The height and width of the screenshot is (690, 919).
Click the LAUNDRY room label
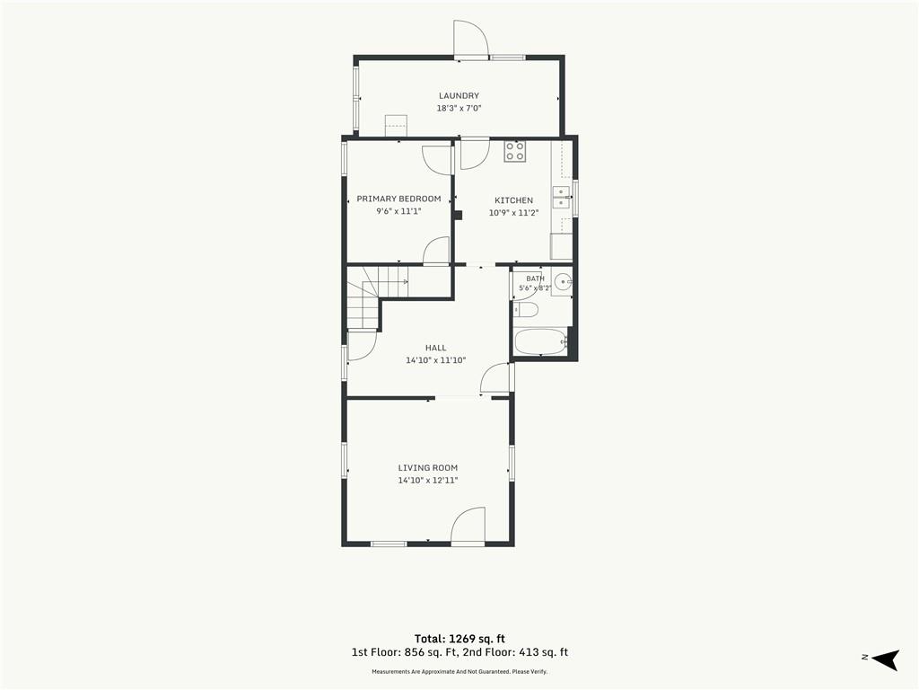click(459, 95)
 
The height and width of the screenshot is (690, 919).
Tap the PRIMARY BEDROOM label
click(398, 199)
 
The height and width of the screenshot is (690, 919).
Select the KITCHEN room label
click(514, 200)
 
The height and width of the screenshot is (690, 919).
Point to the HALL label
click(435, 348)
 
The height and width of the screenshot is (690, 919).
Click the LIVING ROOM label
click(428, 467)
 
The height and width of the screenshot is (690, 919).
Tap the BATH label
click(535, 279)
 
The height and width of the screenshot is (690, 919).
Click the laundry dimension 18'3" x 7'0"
click(459, 109)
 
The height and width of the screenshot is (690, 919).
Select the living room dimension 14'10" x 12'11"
click(428, 481)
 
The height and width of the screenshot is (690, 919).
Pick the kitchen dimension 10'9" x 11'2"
click(514, 213)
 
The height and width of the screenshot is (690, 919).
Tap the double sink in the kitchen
click(562, 197)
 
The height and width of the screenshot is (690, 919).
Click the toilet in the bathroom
click(526, 310)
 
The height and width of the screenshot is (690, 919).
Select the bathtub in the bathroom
click(540, 341)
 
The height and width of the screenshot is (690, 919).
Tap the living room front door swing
click(468, 526)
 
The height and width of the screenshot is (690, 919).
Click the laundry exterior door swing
click(470, 39)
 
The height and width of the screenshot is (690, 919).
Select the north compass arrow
click(885, 659)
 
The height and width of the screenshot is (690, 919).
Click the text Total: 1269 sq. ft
click(459, 639)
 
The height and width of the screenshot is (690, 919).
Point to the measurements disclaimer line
click(459, 672)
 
